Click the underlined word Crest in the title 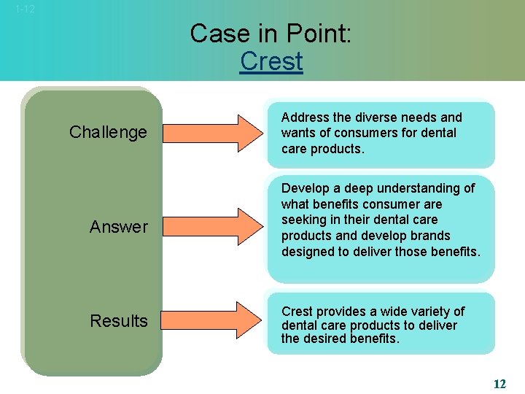pos(271,61)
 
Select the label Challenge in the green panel pos(108,132)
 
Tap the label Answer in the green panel pos(118,227)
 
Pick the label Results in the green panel pos(118,321)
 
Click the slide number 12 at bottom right pos(499,384)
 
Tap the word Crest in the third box pos(298,312)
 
